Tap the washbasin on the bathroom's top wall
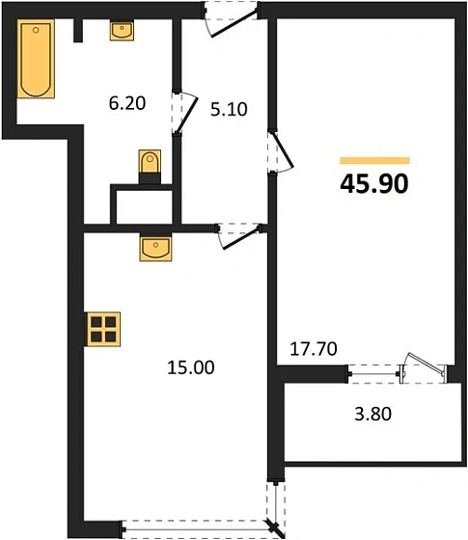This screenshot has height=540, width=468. pos(123,31)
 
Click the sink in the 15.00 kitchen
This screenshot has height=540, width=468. pos(154,248)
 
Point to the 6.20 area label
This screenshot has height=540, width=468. pos(126,101)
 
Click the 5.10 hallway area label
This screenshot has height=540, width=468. pos(230,109)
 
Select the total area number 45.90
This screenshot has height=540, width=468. pos(374,183)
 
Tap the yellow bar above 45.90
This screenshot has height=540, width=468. pos(374,160)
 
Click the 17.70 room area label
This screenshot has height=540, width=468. pos(314,348)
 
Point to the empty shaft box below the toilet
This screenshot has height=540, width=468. pos(143,204)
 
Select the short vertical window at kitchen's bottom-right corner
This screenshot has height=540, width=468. pos(278,502)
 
